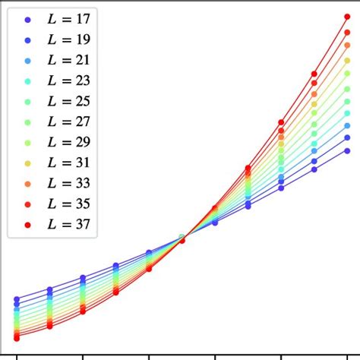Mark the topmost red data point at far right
(347, 17)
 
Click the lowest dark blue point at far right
(347, 151)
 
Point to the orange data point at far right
(347, 45)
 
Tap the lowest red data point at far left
(17, 338)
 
